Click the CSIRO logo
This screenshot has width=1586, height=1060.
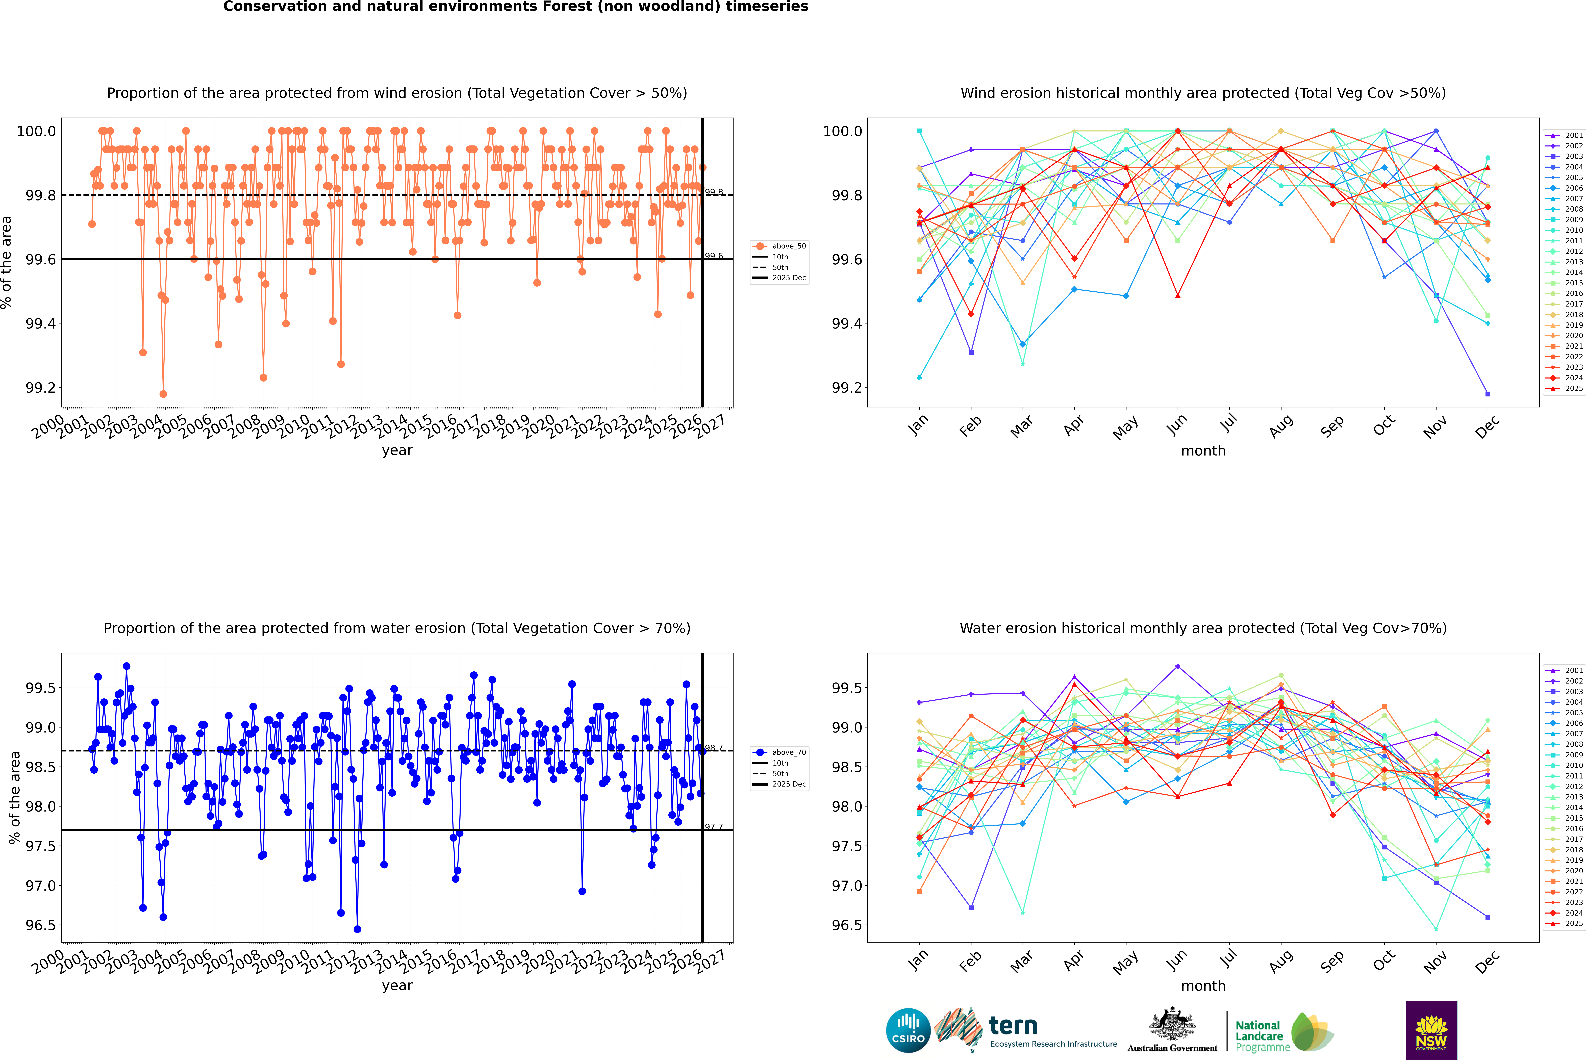(908, 1030)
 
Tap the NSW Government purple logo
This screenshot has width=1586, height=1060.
(1431, 1030)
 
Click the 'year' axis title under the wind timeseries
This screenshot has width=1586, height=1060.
(397, 450)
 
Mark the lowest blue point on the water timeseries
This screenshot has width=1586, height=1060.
(357, 929)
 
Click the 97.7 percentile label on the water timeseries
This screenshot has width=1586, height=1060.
(714, 827)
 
